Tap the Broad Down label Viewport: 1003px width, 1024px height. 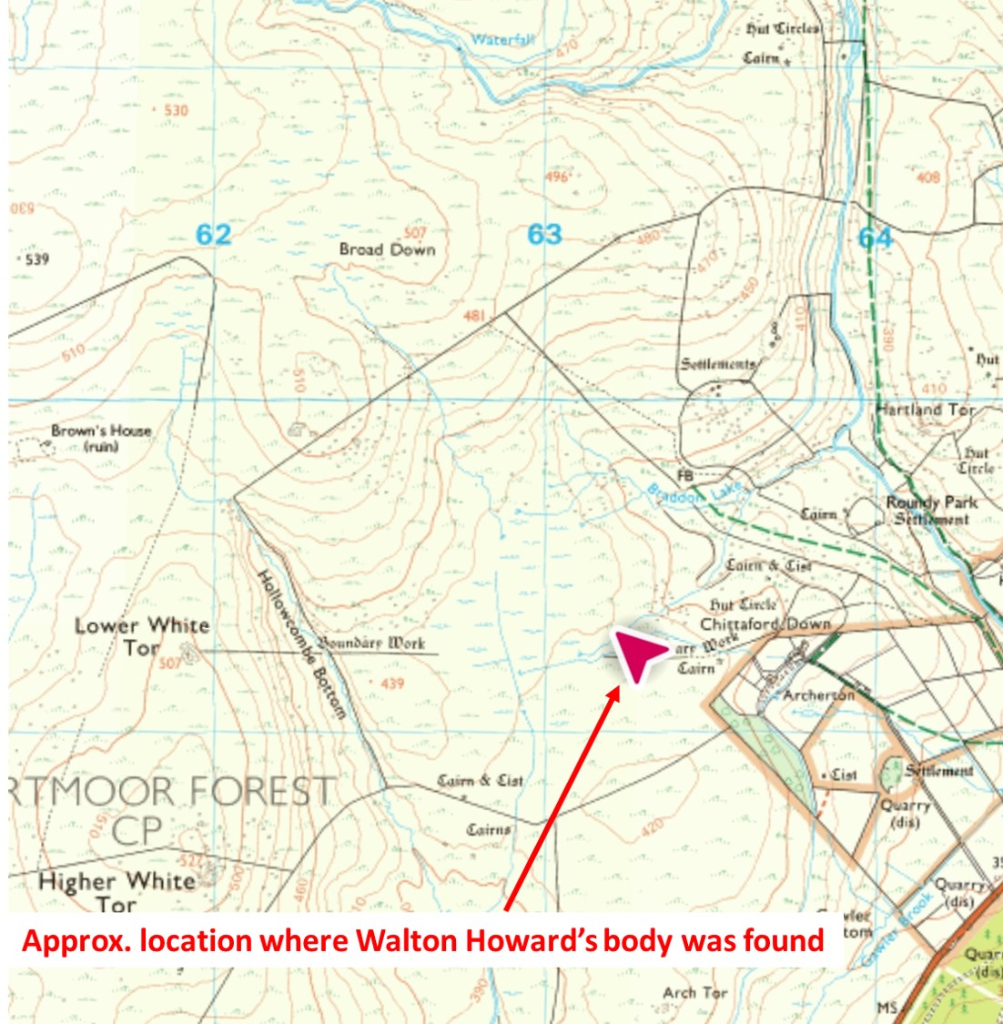point(387,249)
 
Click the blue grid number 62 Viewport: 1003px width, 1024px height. point(214,235)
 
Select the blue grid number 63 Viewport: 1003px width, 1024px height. point(544,235)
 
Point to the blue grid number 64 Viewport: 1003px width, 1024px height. point(875,238)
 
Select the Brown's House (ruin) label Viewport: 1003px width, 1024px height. point(101,438)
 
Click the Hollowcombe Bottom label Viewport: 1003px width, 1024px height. point(302,644)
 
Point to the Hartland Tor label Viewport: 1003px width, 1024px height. point(927,410)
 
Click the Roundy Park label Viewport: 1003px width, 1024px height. point(932,502)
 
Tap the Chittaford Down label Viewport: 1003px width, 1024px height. point(765,624)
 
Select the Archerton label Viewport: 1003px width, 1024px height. point(819,695)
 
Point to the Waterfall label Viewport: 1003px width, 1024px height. point(502,40)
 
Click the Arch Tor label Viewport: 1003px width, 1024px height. point(695,992)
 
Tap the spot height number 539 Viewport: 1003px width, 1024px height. point(37,259)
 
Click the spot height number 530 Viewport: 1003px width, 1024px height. point(176,110)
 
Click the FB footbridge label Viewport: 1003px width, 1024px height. point(685,476)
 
